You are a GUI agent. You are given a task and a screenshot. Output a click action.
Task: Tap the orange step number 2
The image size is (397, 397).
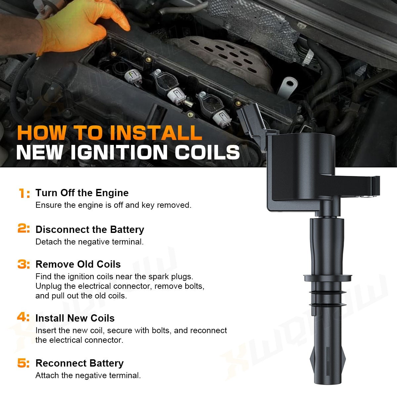[22, 228]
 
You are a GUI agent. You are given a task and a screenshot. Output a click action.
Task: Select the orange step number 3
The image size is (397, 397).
[22, 264]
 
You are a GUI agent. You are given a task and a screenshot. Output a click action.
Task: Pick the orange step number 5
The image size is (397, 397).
[22, 363]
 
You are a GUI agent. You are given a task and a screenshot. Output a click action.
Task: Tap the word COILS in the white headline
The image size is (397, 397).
[207, 152]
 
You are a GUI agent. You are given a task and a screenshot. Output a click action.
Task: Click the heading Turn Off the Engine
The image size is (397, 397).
[82, 193]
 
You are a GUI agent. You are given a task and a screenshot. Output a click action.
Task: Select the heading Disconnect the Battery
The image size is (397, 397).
[90, 230]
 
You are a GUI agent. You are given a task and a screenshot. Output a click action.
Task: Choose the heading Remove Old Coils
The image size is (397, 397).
[78, 264]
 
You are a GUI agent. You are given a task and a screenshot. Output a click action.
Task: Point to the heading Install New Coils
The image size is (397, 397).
[75, 318]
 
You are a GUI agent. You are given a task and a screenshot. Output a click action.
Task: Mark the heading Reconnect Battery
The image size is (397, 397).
[79, 363]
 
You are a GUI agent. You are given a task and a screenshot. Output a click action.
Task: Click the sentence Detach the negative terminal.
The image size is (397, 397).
[89, 242]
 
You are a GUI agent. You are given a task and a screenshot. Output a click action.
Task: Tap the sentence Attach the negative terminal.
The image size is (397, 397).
[88, 375]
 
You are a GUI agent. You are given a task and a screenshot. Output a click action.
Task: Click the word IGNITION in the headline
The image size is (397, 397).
[119, 152]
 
